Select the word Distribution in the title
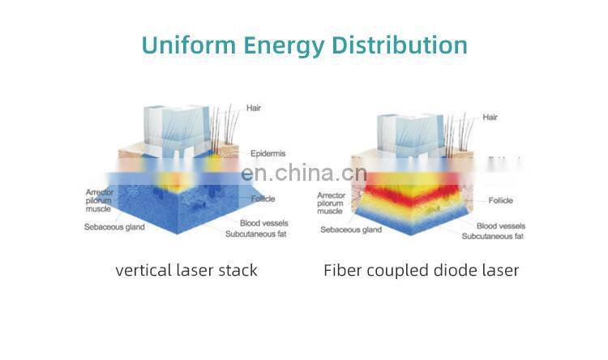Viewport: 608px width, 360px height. coord(400,45)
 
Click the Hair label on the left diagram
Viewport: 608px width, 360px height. coord(255,108)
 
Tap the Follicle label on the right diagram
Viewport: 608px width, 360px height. coord(500,200)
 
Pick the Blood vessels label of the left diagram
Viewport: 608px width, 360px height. coord(264,223)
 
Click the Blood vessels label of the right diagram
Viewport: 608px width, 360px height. coord(500,225)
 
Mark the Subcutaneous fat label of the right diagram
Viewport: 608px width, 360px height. coord(492,236)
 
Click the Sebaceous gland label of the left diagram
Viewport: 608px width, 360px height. coord(114,227)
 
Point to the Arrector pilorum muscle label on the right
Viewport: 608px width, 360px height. coord(333,203)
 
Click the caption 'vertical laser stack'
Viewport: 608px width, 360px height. coord(186,270)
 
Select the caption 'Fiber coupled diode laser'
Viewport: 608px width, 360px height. coord(421,270)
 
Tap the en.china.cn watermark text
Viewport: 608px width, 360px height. coord(304,174)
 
